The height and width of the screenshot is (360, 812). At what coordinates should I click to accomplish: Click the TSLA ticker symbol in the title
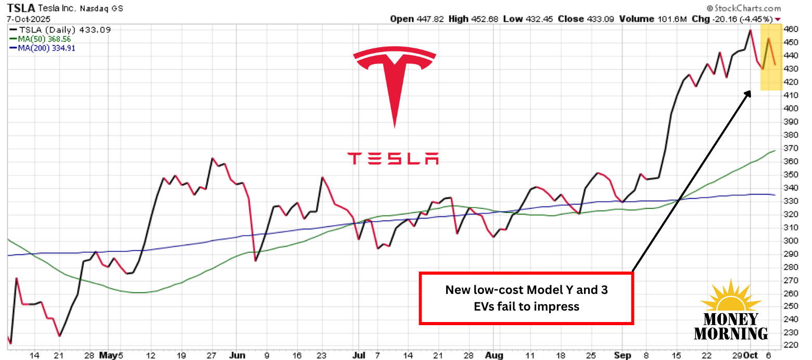coord(19,8)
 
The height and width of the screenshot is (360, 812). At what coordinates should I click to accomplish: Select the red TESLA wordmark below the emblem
coord(393,158)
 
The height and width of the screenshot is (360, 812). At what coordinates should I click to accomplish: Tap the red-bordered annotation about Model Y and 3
coord(526,298)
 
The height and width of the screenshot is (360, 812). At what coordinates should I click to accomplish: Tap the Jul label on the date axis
coord(359,356)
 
